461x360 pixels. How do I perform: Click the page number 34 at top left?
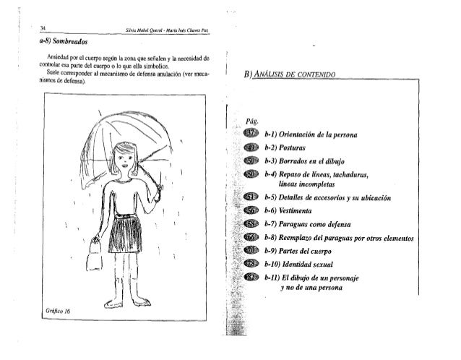[x=43, y=27]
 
